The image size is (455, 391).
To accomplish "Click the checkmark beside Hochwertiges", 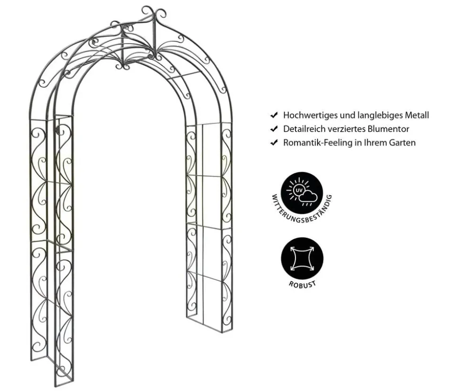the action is [x=274, y=115].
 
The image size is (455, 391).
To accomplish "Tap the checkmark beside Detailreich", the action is [x=274, y=129].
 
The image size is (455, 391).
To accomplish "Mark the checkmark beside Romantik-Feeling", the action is [x=274, y=143].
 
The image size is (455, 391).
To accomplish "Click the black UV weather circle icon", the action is [x=302, y=193].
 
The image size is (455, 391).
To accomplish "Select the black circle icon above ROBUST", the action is [x=302, y=258].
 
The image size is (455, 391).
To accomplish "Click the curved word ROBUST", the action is [x=302, y=284].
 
